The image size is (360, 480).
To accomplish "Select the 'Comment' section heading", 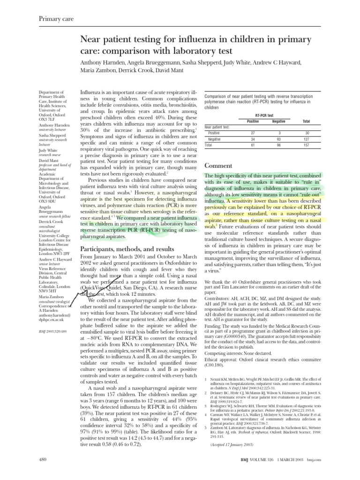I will tap(219, 165).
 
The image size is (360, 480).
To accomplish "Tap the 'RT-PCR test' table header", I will tap(265, 115).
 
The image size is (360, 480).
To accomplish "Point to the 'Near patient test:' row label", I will tap(217, 127).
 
